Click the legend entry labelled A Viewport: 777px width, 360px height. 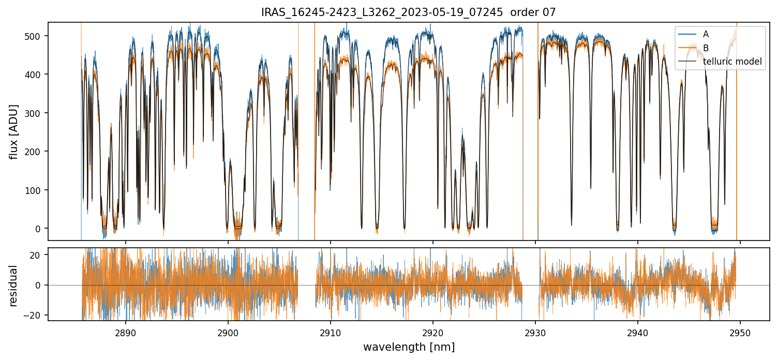pos(706,34)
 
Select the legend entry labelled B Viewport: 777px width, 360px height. pos(706,48)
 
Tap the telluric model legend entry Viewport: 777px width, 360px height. pos(732,62)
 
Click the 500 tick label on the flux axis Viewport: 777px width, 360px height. pos(37,36)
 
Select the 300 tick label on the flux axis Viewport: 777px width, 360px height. pos(37,113)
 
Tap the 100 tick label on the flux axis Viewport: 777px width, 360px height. pos(37,190)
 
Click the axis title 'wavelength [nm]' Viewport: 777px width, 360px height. pos(409,347)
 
